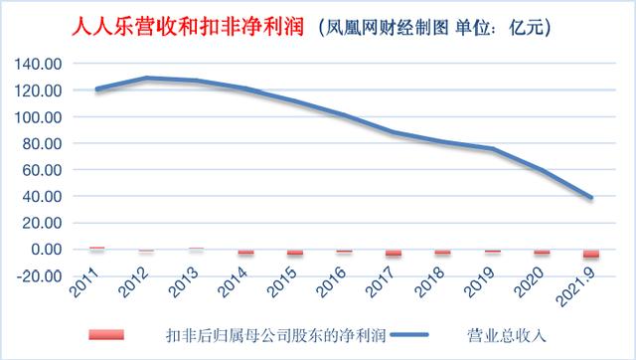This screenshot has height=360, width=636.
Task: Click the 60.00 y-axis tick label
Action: coord(44,170)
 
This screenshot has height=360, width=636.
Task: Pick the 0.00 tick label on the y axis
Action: coord(48,250)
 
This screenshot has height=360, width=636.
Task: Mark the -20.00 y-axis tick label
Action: coord(40,275)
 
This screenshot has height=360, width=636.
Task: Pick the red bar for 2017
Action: coord(394,254)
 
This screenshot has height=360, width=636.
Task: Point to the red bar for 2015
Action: coord(294,253)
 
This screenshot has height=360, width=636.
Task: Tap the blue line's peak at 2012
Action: coord(146,78)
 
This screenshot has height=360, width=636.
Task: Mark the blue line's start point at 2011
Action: coord(96,90)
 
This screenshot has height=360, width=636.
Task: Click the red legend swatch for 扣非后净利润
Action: coord(107,334)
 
